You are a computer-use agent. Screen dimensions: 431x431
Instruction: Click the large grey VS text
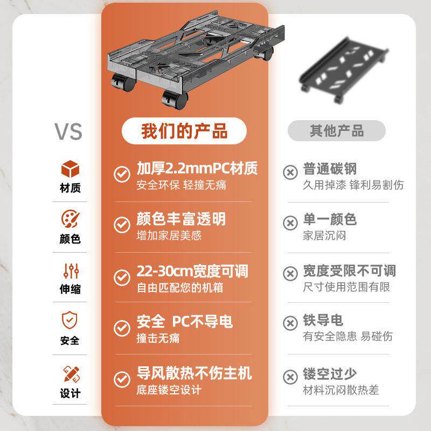[x=68, y=131]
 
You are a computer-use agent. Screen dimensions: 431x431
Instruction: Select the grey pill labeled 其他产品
[x=336, y=131]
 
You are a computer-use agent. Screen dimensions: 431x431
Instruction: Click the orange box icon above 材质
[x=70, y=169]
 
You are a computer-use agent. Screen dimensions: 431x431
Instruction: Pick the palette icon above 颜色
[x=70, y=220]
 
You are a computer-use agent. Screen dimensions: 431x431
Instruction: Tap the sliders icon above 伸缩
[x=70, y=270]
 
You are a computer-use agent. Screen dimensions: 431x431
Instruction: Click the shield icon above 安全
[x=70, y=321]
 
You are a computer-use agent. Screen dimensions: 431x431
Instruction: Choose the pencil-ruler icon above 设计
[x=70, y=372]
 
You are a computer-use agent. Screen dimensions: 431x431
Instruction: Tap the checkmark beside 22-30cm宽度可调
[x=122, y=277]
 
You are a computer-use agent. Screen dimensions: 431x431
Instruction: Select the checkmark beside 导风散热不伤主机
[x=122, y=379]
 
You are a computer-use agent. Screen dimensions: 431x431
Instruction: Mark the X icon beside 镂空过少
[x=290, y=376]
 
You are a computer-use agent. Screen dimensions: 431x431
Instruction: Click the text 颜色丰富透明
[x=180, y=219]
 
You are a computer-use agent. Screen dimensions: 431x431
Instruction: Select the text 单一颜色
[x=329, y=219]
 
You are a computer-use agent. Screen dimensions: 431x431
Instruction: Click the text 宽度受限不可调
[x=349, y=270]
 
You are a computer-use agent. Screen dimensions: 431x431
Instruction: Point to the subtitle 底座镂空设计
[x=169, y=390]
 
